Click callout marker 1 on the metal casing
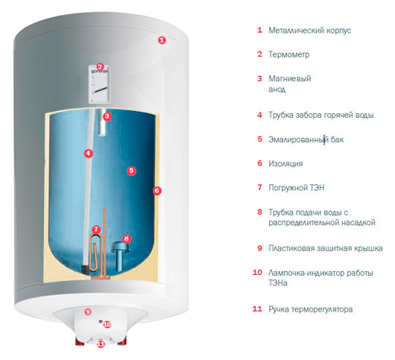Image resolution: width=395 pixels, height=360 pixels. coord(162,40)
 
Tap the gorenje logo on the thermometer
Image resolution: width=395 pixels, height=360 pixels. coord(100,72)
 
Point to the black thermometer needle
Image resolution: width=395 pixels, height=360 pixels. coord(101,89)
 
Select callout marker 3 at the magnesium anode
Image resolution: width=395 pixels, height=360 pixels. coord(107,116)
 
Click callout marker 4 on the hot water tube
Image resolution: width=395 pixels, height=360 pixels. coord(89,154)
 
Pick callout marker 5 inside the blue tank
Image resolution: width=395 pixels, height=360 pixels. coord(131,171)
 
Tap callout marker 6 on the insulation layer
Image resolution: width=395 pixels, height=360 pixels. coord(157,191)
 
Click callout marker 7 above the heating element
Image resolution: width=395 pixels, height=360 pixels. coord(96,230)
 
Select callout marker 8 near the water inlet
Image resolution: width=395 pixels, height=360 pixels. coord(127,239)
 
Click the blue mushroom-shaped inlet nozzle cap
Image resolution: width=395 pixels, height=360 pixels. coord(120,247)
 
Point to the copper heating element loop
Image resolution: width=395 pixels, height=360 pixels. coord(95,252)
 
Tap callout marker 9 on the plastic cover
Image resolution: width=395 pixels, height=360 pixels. coord(88,312)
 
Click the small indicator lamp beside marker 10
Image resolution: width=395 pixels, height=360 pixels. coord(101,322)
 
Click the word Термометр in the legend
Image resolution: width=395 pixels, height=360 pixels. coord(289,54)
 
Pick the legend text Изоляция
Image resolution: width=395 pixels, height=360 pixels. coord(285,164)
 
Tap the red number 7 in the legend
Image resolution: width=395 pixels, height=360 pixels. coord(259,187)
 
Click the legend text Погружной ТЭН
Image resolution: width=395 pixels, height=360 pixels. coord(297,188)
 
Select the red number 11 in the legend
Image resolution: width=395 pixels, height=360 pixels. coord(257,309)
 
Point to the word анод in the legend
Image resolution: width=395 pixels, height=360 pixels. coord(276,89)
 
